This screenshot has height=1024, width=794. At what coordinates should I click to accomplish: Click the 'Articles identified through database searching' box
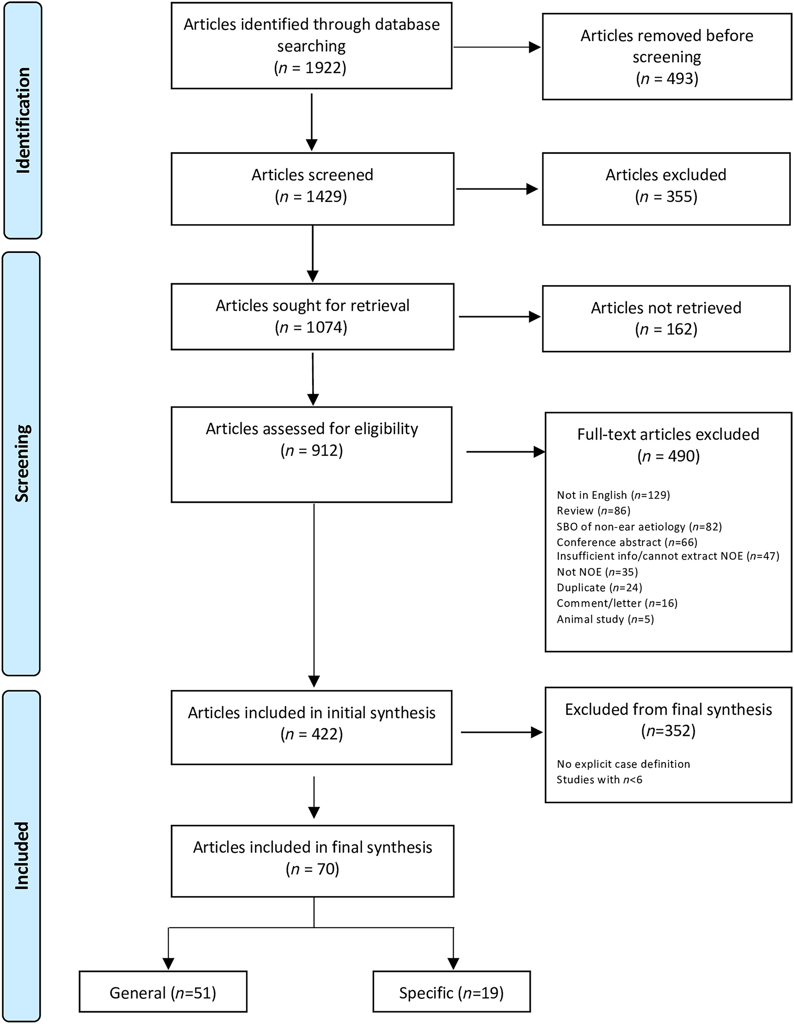point(312,46)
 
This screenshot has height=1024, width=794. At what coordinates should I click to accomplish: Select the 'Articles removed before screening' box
point(667,56)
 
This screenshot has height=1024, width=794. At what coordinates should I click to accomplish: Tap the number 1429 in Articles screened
point(326,196)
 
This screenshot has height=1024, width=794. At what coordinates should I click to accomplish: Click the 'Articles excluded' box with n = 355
point(666,189)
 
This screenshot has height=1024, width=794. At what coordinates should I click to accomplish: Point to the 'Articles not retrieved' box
point(666,319)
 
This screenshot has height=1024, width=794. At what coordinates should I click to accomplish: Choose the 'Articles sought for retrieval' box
point(312,316)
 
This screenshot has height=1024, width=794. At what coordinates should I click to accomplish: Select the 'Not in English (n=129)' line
point(613,495)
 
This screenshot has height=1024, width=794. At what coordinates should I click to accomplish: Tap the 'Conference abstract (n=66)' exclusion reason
point(627,543)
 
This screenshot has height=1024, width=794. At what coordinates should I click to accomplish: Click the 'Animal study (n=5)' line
point(605,620)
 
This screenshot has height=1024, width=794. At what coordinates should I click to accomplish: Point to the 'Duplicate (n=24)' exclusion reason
point(599,587)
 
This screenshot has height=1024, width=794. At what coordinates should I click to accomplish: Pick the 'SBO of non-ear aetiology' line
point(639,527)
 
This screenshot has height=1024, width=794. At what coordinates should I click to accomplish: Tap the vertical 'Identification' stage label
point(22,121)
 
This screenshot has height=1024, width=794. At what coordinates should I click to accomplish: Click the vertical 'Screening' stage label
point(22,463)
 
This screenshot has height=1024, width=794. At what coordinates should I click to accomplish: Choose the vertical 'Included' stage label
point(22,856)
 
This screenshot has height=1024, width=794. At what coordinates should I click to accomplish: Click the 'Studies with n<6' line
point(599,780)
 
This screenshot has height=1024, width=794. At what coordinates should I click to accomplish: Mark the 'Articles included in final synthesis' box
point(312,861)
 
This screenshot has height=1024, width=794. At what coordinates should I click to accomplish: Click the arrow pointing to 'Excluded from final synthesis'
point(502,732)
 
